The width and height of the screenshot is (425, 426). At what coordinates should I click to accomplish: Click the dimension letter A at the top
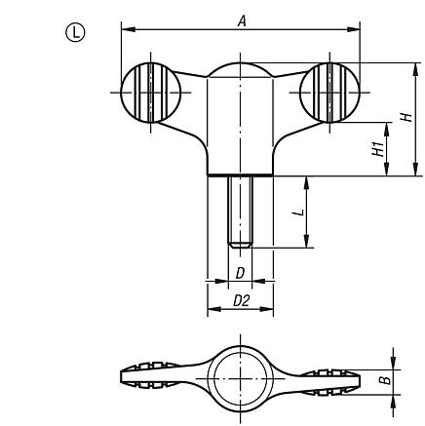pyautogui.click(x=241, y=19)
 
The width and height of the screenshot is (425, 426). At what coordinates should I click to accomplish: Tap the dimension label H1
pyautogui.click(x=373, y=148)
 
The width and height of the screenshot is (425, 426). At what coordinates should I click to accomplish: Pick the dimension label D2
pyautogui.click(x=240, y=302)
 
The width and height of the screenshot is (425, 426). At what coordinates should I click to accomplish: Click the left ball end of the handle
pyautogui.click(x=148, y=93)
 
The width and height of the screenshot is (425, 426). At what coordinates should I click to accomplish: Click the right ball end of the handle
pyautogui.click(x=329, y=93)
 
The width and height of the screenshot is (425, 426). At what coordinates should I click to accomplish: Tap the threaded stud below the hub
pyautogui.click(x=240, y=210)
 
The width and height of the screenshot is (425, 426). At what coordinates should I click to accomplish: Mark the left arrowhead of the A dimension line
pyautogui.click(x=126, y=30)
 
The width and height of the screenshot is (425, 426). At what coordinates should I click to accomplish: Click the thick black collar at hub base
pyautogui.click(x=240, y=174)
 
